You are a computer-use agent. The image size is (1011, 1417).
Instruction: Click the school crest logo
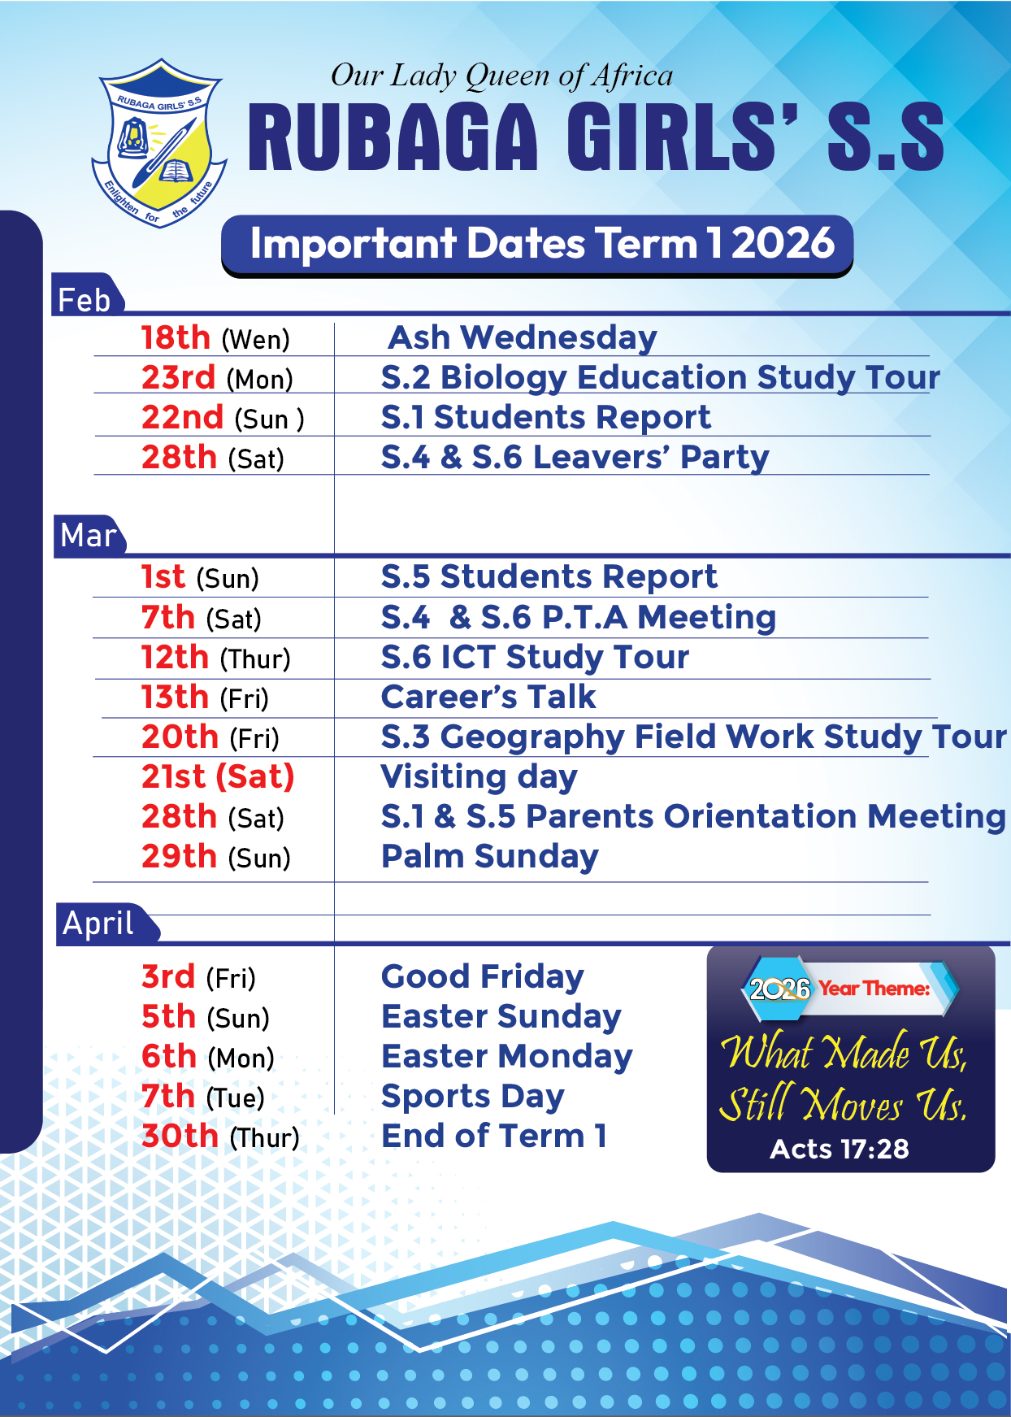point(159,144)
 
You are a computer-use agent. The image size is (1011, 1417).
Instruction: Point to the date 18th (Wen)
point(215,338)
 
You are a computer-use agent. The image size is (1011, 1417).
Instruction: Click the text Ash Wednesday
point(523,337)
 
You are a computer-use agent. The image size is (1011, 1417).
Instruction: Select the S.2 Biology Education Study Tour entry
point(660,377)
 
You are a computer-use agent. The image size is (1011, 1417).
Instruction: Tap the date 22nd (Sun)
point(223,418)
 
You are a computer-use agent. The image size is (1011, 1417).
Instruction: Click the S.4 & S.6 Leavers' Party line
point(575,457)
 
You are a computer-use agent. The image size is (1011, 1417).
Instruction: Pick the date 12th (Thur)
point(215,658)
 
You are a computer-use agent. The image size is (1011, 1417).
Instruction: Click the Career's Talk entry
point(488,698)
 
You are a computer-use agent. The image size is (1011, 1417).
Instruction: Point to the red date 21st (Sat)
point(218,777)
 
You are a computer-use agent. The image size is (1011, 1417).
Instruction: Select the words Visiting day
point(479,777)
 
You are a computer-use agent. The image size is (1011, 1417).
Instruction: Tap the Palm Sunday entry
point(489,857)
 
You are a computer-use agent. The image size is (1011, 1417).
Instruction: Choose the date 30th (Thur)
point(220,1137)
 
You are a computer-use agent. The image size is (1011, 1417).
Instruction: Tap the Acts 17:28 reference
point(840,1149)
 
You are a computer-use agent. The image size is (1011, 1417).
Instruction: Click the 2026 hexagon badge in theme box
point(779,989)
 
